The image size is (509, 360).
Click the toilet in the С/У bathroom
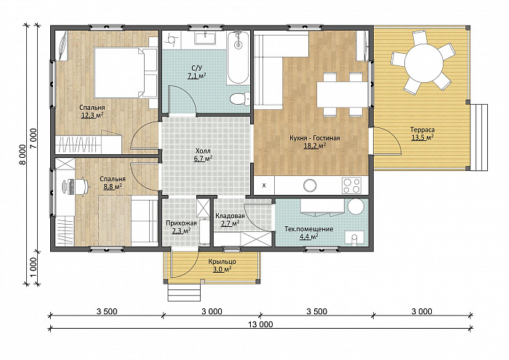pos(240,98)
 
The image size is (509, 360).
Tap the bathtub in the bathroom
pos(239,57)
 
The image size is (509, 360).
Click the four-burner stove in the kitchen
pos(352,185)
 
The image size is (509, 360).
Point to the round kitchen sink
pos(310,185)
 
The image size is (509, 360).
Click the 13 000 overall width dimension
pos(260,324)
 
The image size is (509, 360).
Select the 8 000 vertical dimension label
pos(22,154)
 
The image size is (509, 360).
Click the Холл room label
pos(203,151)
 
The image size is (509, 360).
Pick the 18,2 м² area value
pos(315,145)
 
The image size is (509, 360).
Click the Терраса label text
pos(422,129)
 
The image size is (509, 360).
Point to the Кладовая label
pos(230,216)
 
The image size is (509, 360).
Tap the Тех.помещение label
pos(309,229)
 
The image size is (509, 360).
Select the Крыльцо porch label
pos(222,262)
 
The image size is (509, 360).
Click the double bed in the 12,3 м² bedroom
pos(126,73)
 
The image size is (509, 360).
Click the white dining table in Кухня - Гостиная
pos(342,95)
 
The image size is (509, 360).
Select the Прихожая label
pos(181,223)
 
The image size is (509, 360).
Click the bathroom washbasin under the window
pos(205,38)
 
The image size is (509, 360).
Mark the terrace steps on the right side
pos(479,137)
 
